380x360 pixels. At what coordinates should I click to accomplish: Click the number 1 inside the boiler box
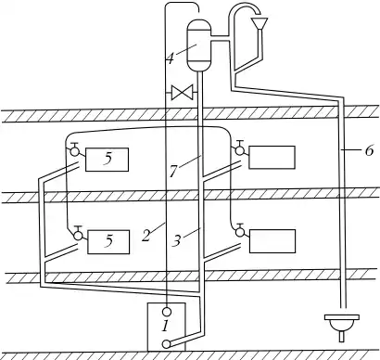click(x=166, y=326)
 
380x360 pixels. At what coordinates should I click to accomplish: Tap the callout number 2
click(x=146, y=236)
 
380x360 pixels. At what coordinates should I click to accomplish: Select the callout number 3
click(x=177, y=240)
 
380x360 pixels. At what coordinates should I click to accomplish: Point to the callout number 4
click(x=171, y=58)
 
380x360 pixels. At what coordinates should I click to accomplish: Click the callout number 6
click(x=370, y=150)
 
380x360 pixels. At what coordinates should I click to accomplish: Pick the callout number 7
click(x=173, y=171)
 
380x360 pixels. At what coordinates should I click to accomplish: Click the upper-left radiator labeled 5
click(x=107, y=160)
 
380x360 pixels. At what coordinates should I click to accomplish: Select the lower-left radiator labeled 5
click(x=108, y=242)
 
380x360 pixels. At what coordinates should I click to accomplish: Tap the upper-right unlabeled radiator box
click(x=272, y=158)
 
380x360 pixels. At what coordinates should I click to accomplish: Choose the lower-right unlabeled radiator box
click(x=272, y=241)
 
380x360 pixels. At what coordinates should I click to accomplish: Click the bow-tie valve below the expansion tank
click(x=183, y=92)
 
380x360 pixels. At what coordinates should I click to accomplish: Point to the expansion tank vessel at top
click(x=199, y=45)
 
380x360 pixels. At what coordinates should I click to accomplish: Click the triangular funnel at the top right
click(x=260, y=23)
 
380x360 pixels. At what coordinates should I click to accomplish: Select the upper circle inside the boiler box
click(x=167, y=311)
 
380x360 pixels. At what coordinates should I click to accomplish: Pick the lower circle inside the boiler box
click(x=167, y=343)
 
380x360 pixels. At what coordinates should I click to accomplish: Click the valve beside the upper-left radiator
click(x=74, y=149)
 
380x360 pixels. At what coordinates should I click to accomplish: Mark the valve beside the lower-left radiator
click(x=79, y=234)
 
